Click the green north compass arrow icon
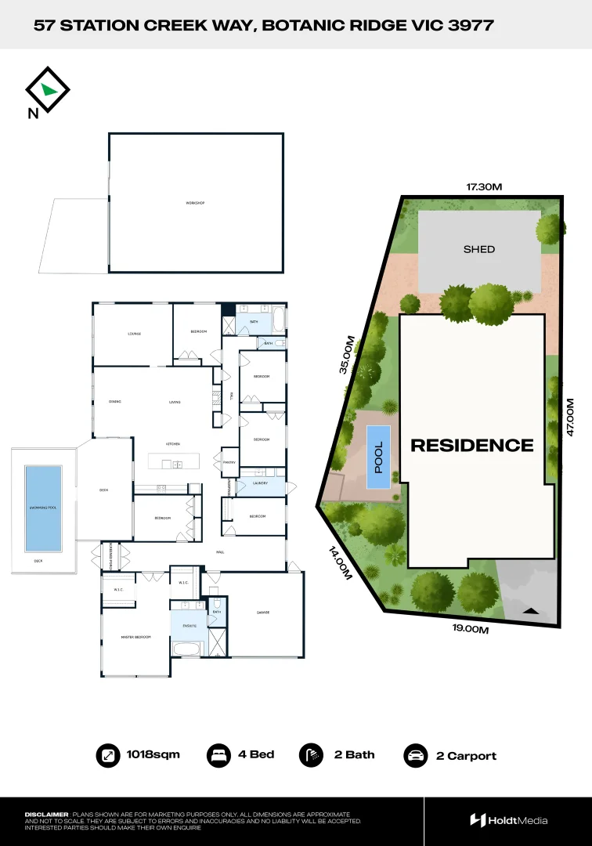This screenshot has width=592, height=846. coord(49,89)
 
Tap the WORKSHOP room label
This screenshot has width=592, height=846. coord(195,204)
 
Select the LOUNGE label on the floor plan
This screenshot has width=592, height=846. coord(134,334)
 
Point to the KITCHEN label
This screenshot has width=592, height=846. coord(172,444)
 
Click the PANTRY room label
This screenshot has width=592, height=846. coord(229,462)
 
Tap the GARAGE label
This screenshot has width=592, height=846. coord(263,613)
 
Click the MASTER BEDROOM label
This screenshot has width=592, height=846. coord(135,638)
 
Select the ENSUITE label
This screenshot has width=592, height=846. coord(190,626)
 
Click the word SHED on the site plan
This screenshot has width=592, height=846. coord(479,249)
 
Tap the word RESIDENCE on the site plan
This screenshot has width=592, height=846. coord(472,445)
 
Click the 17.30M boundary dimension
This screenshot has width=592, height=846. coord(484,187)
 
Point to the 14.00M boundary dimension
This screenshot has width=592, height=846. coord(338,562)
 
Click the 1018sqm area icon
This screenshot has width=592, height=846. coord(106,755)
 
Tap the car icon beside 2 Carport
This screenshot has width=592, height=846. coord(415,756)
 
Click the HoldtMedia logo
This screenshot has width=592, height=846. coord(509,820)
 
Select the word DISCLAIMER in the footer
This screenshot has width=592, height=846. coord(46,815)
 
